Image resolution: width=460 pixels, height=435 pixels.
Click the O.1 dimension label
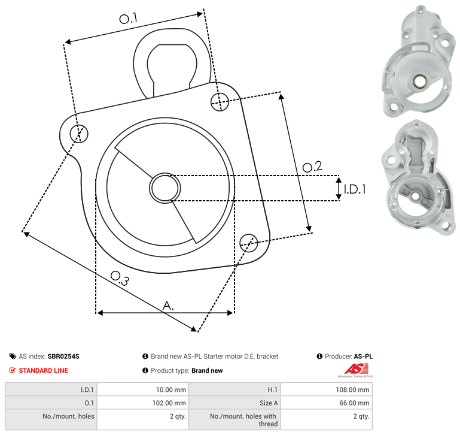tap(129, 18)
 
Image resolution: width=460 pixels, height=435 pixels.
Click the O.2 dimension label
tap(312, 167)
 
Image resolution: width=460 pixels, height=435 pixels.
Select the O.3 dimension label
tap(120, 278)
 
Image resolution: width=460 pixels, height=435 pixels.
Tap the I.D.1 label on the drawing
tap(355, 189)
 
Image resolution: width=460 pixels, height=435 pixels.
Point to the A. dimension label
tap(168, 306)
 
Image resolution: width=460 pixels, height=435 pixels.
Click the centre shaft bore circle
tap(165, 188)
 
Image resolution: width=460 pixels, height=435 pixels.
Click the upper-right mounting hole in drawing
tap(220, 102)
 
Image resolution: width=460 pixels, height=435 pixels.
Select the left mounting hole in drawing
tap(79, 134)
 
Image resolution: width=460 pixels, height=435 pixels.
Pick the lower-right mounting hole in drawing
tap(249, 243)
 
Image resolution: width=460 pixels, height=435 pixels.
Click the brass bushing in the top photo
tap(418, 81)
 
